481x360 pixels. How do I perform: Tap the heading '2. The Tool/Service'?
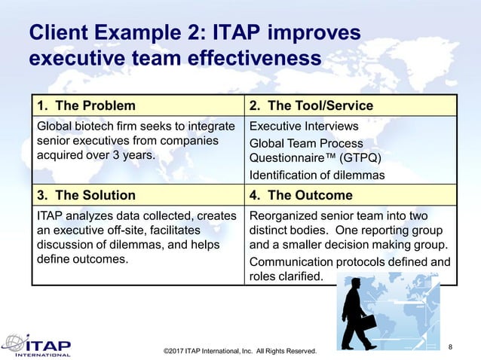311,105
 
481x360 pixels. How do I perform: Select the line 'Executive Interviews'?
304,127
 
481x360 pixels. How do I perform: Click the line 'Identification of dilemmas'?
317,175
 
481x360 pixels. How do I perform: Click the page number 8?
450,346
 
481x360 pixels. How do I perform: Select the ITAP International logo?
38,345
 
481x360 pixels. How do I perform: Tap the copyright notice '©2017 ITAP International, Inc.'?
214,351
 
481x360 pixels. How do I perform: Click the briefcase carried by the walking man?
367,322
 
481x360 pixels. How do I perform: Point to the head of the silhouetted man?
353,281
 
